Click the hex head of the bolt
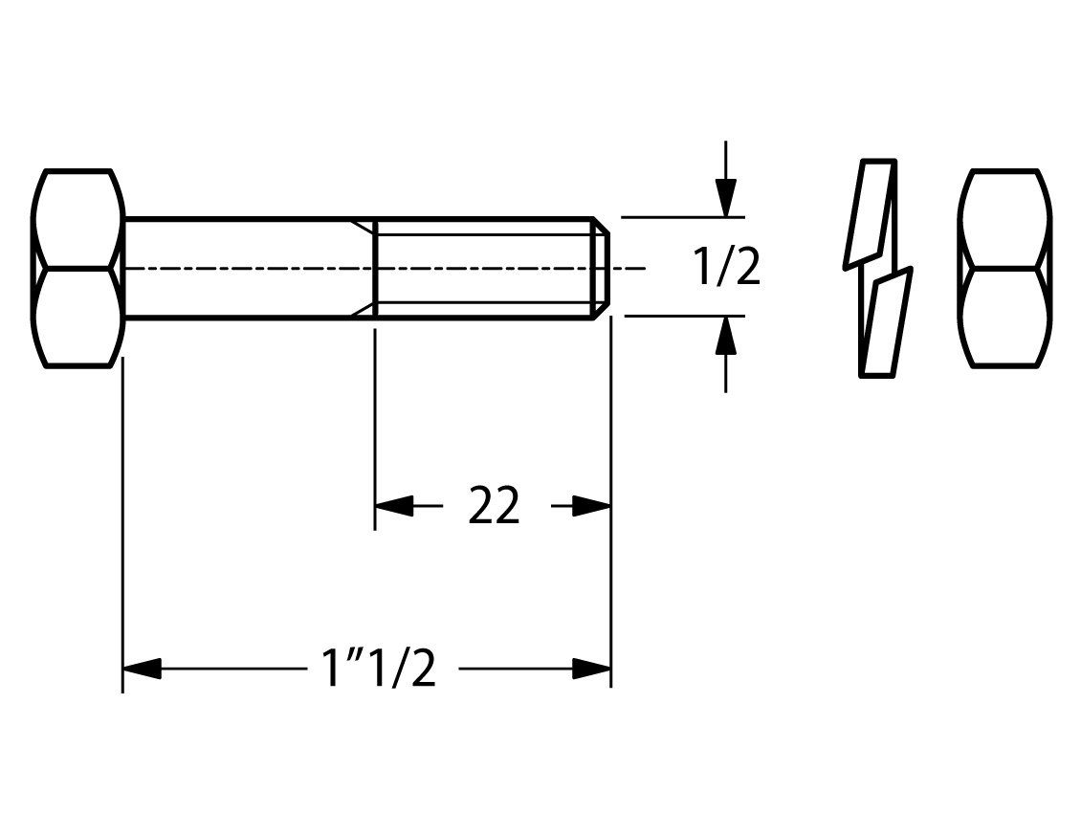click(77, 268)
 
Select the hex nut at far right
click(1005, 268)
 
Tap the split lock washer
click(878, 268)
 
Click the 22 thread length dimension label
click(494, 506)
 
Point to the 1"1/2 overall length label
click(379, 668)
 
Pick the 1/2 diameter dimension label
click(727, 268)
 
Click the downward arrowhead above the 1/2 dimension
click(725, 198)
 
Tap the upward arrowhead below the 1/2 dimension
click(725, 336)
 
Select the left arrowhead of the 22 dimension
click(393, 506)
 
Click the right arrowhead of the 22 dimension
click(591, 506)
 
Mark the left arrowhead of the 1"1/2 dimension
click(142, 669)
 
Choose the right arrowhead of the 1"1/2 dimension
click(591, 669)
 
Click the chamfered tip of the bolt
click(601, 268)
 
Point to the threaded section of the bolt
click(484, 268)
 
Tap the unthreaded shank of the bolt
click(248, 268)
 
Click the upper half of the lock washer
click(870, 213)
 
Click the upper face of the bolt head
click(77, 218)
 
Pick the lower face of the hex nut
click(1005, 318)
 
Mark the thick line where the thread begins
click(375, 268)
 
